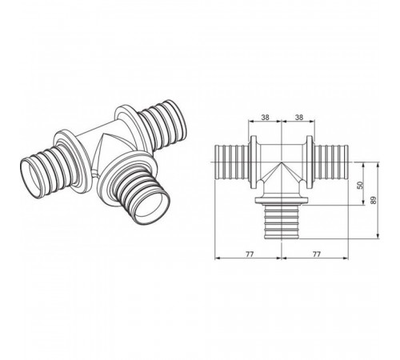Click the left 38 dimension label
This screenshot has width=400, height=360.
pyautogui.click(x=265, y=117)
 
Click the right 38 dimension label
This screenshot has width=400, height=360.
pyautogui.click(x=299, y=117)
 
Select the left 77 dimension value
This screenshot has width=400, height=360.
pyautogui.click(x=250, y=254)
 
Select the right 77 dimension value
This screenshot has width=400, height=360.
pyautogui.click(x=316, y=254)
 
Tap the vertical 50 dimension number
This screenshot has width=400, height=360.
pyautogui.click(x=360, y=185)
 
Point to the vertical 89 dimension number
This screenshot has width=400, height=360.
pyautogui.click(x=373, y=200)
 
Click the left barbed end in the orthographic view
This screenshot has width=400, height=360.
pyautogui.click(x=231, y=162)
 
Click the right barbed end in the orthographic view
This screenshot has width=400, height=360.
pyautogui.click(x=332, y=162)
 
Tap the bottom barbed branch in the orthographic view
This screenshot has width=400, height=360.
pyautogui.click(x=281, y=222)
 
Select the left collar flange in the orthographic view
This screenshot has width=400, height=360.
pyautogui.click(x=253, y=162)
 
